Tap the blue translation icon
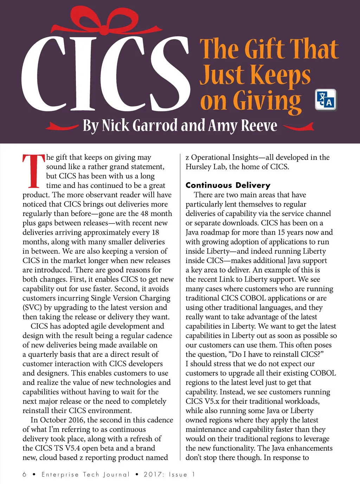click(326, 100)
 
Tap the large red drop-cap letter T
click(33, 171)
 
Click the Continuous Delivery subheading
click(228, 185)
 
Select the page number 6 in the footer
click(25, 474)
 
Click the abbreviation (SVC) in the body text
click(32, 307)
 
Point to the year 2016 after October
click(76, 420)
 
